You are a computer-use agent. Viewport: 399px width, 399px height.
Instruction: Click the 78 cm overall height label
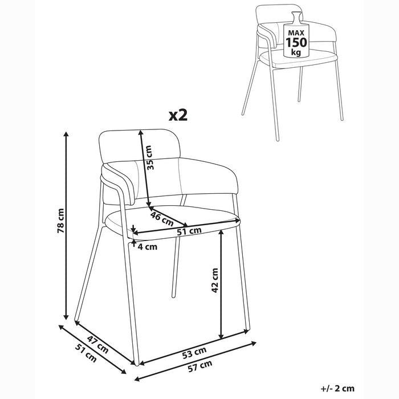click(x=61, y=221)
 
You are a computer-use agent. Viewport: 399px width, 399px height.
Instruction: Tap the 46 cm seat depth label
click(x=162, y=219)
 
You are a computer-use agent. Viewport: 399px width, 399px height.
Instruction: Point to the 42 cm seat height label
click(x=215, y=280)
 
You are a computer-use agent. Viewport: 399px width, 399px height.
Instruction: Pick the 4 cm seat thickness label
click(x=148, y=247)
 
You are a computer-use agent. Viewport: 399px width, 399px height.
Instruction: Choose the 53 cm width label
click(x=194, y=353)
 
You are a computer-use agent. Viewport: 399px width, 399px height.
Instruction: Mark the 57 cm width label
click(x=200, y=366)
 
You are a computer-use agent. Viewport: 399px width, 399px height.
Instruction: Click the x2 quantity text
click(x=178, y=115)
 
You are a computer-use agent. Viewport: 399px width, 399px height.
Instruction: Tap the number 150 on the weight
click(x=296, y=42)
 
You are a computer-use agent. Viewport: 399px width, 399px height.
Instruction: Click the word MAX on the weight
click(x=296, y=33)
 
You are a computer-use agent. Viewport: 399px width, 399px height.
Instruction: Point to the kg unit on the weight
click(x=296, y=52)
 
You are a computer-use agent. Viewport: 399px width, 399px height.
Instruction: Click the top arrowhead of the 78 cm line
click(x=67, y=135)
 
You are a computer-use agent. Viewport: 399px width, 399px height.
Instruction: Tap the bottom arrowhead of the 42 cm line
click(x=221, y=336)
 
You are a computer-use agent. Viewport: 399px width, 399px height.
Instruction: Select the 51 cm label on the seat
click(x=189, y=231)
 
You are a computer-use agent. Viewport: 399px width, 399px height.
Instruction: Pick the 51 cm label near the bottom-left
click(x=86, y=353)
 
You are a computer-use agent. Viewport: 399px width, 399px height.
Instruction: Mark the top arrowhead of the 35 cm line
click(x=140, y=133)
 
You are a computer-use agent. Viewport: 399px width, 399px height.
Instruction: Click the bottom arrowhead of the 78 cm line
click(x=66, y=316)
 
